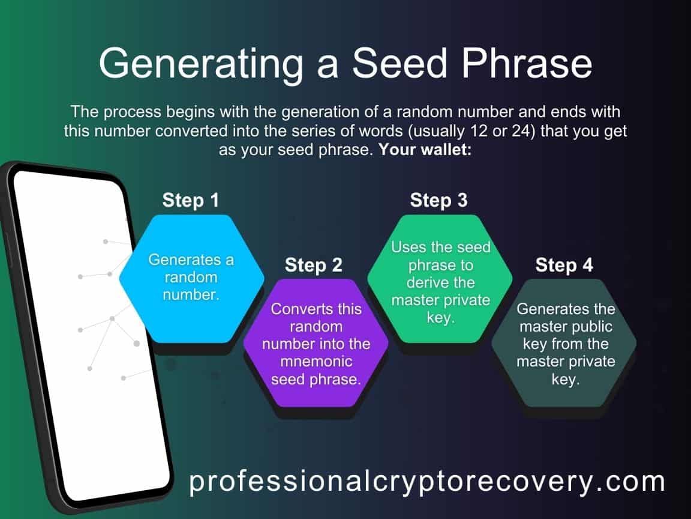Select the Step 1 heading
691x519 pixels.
191,200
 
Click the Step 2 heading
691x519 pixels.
313,264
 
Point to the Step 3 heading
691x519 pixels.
438,200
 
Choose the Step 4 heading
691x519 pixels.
564,264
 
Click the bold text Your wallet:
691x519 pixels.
425,150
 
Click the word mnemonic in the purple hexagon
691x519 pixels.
316,362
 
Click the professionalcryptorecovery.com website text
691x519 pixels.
427,481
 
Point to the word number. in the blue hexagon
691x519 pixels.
191,295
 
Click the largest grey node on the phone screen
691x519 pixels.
136,344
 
